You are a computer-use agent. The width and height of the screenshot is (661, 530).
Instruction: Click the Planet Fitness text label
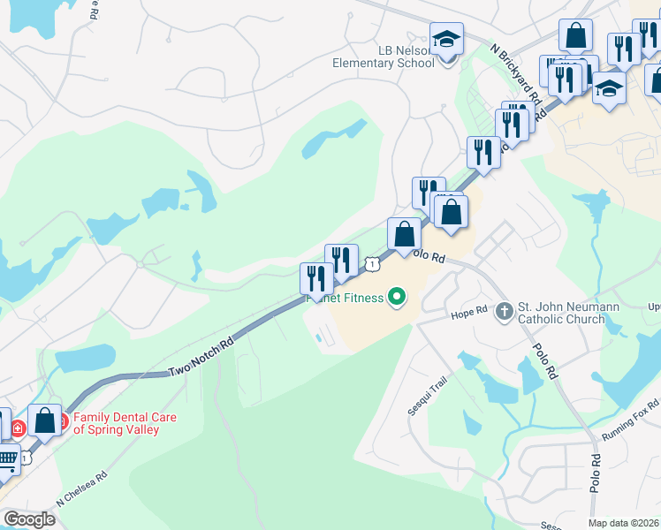tap(345, 298)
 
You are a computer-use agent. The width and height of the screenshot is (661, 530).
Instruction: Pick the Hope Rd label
tap(469, 312)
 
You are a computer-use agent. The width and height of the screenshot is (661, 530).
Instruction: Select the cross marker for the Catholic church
tap(504, 311)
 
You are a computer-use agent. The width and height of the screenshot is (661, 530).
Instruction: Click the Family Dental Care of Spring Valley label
tap(125, 423)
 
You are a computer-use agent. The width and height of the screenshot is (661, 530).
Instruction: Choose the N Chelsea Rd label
tap(81, 488)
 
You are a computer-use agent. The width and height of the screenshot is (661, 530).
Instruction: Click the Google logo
tap(28, 519)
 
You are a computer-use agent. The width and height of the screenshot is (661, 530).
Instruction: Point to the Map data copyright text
tap(623, 523)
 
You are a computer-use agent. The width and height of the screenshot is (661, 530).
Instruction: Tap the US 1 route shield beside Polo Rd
tap(374, 263)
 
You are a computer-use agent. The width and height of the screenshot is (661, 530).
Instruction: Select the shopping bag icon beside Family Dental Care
tap(44, 420)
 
